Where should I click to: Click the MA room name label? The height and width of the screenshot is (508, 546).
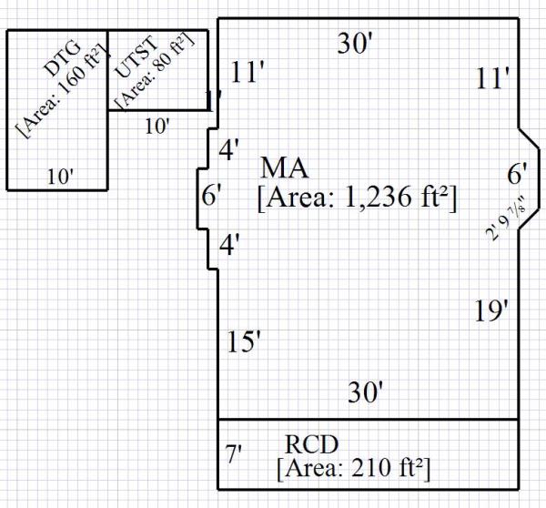284,168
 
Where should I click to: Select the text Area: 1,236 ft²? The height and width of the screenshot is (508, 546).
357,198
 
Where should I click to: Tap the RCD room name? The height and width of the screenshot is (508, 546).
312,444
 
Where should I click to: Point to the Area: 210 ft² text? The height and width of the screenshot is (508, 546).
353,469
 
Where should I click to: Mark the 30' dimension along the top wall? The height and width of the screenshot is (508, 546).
355,43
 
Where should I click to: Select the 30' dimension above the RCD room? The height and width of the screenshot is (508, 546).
364,392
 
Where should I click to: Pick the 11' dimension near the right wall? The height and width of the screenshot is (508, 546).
491,79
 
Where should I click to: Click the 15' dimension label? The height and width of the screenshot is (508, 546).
244,342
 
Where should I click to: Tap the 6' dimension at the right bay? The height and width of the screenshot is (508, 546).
518,172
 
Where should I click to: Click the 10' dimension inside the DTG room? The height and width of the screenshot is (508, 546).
60,177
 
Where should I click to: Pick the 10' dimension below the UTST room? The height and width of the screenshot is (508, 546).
157,127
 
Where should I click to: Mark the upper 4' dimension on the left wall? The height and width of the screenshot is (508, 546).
229,149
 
